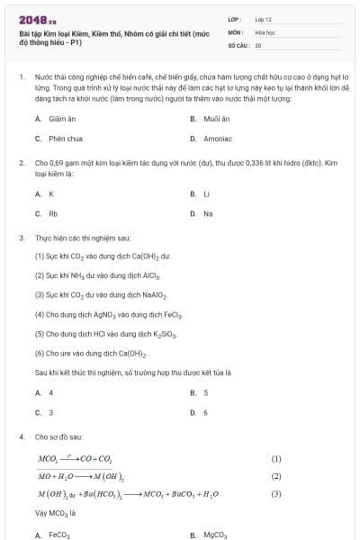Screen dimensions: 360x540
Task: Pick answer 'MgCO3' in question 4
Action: (215, 535)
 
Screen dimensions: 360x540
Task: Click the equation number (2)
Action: (276, 476)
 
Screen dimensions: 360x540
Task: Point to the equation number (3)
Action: (276, 494)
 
